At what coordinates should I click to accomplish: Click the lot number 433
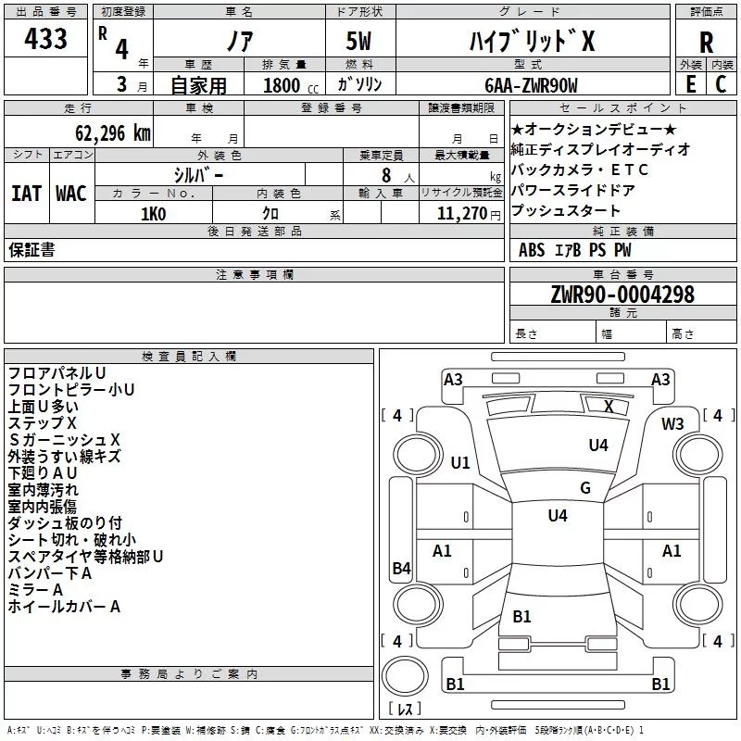tap(46, 40)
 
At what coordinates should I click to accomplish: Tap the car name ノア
tap(239, 43)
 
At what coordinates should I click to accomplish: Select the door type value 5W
tap(360, 42)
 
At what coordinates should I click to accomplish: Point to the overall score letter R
tap(706, 42)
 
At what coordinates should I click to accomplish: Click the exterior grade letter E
tap(690, 84)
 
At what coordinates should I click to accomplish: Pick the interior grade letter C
tap(721, 84)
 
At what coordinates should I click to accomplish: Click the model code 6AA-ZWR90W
tap(531, 85)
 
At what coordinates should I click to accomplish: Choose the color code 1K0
tap(153, 214)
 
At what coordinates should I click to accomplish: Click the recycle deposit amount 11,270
tap(462, 214)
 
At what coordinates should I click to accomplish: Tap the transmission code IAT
tap(26, 194)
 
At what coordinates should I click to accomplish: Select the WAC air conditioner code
tap(70, 194)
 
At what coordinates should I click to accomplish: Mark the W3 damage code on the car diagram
tap(672, 424)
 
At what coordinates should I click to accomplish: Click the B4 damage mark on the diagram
tap(401, 569)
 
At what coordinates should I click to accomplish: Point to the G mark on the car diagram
tap(584, 488)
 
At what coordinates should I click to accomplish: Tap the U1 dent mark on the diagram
tap(460, 462)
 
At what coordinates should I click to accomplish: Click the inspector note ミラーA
tap(35, 590)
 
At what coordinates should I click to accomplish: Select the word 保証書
tap(31, 249)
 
